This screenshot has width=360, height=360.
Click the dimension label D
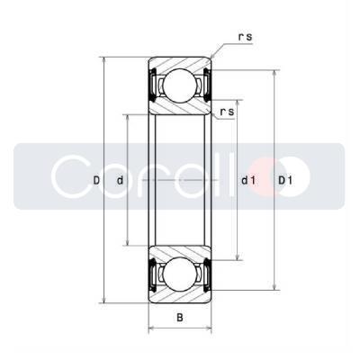point(96,180)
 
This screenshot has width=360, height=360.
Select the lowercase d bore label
point(120,180)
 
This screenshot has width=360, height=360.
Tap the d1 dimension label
point(248,180)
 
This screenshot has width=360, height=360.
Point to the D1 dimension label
point(285,180)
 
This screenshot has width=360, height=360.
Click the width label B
point(180,317)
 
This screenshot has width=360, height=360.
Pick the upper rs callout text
point(245,37)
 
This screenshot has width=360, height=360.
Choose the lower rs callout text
point(227,112)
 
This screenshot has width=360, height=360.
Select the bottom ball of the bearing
point(180,274)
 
